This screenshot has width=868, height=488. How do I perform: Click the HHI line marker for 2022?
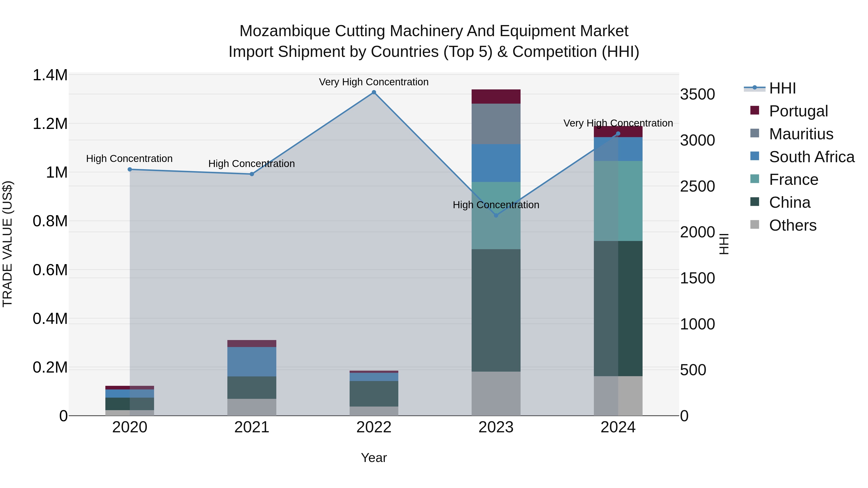click(x=374, y=92)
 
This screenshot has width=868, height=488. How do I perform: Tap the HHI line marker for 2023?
click(x=496, y=215)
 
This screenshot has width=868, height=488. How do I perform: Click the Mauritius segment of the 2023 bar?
click(x=496, y=124)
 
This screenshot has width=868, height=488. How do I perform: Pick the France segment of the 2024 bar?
click(x=618, y=201)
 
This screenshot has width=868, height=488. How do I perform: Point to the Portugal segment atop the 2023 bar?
click(x=496, y=96)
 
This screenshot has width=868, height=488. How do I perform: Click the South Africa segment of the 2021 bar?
click(x=252, y=361)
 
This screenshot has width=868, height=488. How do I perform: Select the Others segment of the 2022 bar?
click(x=374, y=411)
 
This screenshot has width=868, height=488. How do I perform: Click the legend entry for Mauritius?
click(x=801, y=134)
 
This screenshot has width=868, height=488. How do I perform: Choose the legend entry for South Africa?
click(x=811, y=157)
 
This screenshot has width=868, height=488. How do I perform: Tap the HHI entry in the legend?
click(x=782, y=88)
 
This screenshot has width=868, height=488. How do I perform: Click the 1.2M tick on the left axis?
click(x=50, y=124)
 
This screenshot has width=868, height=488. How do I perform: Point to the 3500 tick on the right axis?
click(x=697, y=94)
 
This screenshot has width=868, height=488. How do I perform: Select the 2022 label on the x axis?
click(x=374, y=427)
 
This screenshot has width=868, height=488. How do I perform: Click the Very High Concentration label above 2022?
click(x=374, y=82)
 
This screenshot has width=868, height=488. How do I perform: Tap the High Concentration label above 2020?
click(x=129, y=158)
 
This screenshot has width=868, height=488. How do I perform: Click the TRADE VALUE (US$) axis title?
click(x=7, y=244)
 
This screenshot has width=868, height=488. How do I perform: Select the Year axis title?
click(x=374, y=458)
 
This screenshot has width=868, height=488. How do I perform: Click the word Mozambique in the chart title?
click(x=285, y=31)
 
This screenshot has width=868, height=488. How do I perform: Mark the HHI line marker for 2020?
click(x=130, y=169)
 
